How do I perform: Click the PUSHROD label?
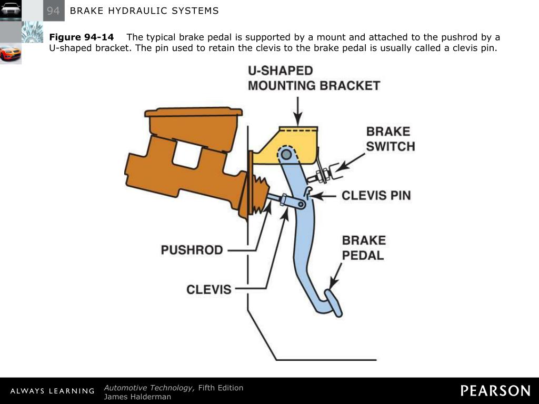click(x=192, y=250)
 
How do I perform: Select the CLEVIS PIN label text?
click(x=376, y=196)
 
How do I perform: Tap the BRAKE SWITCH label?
click(x=391, y=139)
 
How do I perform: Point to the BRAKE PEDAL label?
click(x=364, y=248)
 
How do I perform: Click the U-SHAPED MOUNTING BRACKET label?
click(x=314, y=78)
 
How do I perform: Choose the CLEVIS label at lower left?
click(x=209, y=289)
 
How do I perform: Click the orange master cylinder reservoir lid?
click(x=193, y=112)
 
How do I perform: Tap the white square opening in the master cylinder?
click(x=187, y=155)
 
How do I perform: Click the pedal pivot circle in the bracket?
click(x=286, y=154)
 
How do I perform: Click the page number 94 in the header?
click(x=53, y=11)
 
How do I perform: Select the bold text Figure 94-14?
click(x=81, y=37)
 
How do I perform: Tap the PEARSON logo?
click(x=495, y=391)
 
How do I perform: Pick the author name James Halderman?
click(x=137, y=397)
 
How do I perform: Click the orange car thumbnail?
click(x=11, y=54)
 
